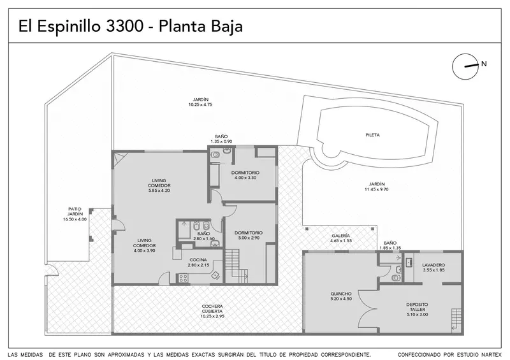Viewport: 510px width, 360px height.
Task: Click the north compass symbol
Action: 465,66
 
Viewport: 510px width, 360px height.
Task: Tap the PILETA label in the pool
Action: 372,135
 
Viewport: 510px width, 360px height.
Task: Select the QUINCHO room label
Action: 341,294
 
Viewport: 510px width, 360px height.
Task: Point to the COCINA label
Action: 198,260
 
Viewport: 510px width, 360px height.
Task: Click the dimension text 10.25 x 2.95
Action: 212,316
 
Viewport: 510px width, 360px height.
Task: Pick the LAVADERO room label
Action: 433,265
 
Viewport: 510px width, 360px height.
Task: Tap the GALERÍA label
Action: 341,236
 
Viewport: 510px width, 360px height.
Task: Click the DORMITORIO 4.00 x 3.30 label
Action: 245,175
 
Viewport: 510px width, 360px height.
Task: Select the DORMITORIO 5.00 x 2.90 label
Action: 249,236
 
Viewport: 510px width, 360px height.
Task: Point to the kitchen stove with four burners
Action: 183,278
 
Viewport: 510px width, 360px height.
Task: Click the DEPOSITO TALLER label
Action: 418,310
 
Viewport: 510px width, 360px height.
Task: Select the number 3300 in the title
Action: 125,26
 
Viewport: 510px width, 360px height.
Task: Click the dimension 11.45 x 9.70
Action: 377,189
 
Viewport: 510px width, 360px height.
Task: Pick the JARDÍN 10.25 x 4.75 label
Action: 200,102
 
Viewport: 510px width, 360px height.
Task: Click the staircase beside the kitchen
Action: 237,265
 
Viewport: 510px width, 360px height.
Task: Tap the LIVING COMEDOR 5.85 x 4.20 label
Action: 159,185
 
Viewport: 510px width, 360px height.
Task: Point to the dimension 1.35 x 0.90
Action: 221,141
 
